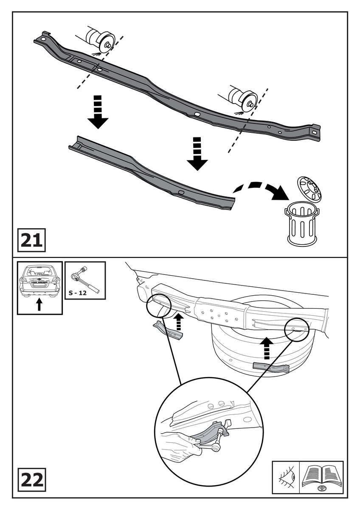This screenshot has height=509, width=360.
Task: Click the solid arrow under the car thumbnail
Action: (39, 304)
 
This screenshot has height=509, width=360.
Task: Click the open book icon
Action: (321, 477)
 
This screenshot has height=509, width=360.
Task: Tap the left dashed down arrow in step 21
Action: (98, 112)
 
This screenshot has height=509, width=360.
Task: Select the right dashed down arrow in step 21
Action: (196, 153)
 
